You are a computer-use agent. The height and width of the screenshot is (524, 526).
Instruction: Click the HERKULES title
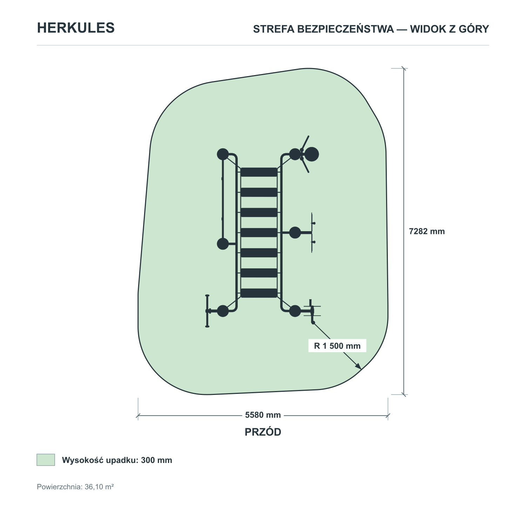point(76,28)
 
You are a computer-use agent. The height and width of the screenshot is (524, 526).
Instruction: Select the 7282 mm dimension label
point(427,231)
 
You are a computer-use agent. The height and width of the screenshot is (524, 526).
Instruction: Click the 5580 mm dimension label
point(263,415)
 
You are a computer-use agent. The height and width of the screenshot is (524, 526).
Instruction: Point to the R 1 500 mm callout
point(337,346)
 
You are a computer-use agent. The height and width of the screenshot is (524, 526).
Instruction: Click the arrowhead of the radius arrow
point(358,366)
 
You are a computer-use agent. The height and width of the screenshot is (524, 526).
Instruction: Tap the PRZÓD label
point(263,432)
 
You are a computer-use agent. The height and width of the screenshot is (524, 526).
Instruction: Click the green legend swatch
point(46,460)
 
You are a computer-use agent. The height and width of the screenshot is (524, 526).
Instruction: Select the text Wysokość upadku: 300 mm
point(117,460)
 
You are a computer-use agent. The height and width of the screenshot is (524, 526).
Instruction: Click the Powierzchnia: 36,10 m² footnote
point(75,487)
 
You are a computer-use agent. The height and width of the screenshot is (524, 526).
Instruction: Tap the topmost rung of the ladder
point(259,172)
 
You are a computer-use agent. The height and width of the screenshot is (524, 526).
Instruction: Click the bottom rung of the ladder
point(259,293)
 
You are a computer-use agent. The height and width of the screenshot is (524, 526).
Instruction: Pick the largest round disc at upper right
point(311,154)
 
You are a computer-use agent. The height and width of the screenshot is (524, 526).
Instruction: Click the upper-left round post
point(223,154)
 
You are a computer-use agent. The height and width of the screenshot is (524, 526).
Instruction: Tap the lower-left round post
point(223,311)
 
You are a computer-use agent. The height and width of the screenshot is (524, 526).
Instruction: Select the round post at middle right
point(295,233)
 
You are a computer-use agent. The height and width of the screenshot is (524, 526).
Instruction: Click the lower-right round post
point(295,311)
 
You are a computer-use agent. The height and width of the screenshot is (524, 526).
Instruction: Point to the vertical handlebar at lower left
point(207,311)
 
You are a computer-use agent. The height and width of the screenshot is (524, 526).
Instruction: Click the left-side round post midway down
point(223,244)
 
